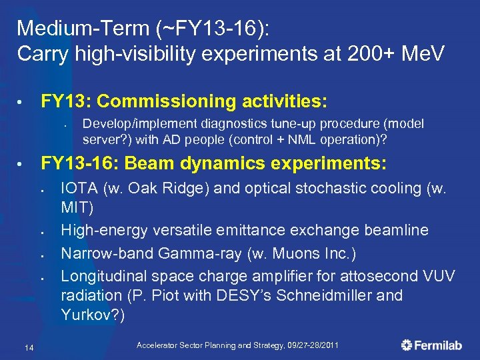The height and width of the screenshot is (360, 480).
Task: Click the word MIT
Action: [x=77, y=207]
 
